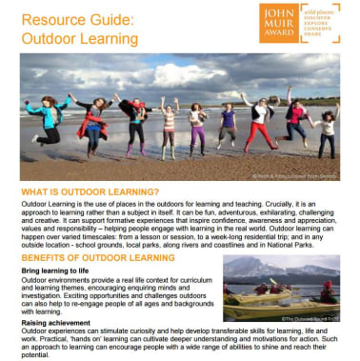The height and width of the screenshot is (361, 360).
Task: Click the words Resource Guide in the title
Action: (77, 19)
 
